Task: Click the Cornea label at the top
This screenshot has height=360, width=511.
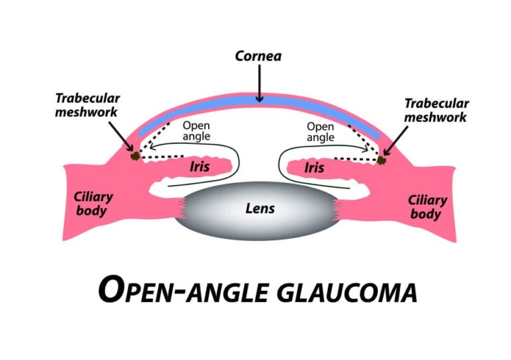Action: pos(258,56)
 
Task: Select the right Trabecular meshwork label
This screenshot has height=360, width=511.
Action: pos(436,110)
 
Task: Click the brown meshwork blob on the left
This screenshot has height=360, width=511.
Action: pos(135,156)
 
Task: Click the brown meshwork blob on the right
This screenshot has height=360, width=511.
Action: pos(381,160)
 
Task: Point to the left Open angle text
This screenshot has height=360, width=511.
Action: pos(196,131)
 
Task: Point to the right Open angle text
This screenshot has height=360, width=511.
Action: pos(320,131)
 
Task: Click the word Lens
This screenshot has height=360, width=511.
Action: pos(258,208)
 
